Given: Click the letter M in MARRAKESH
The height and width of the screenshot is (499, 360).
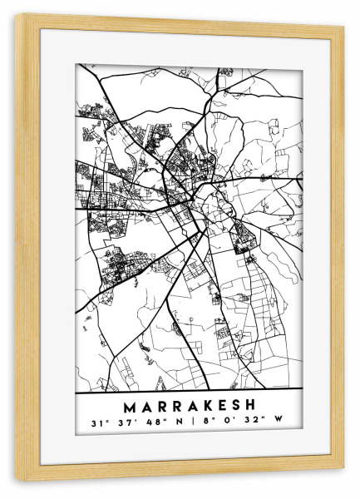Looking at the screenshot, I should (128, 408).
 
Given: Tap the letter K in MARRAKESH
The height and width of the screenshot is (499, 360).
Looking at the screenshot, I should (202, 408).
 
